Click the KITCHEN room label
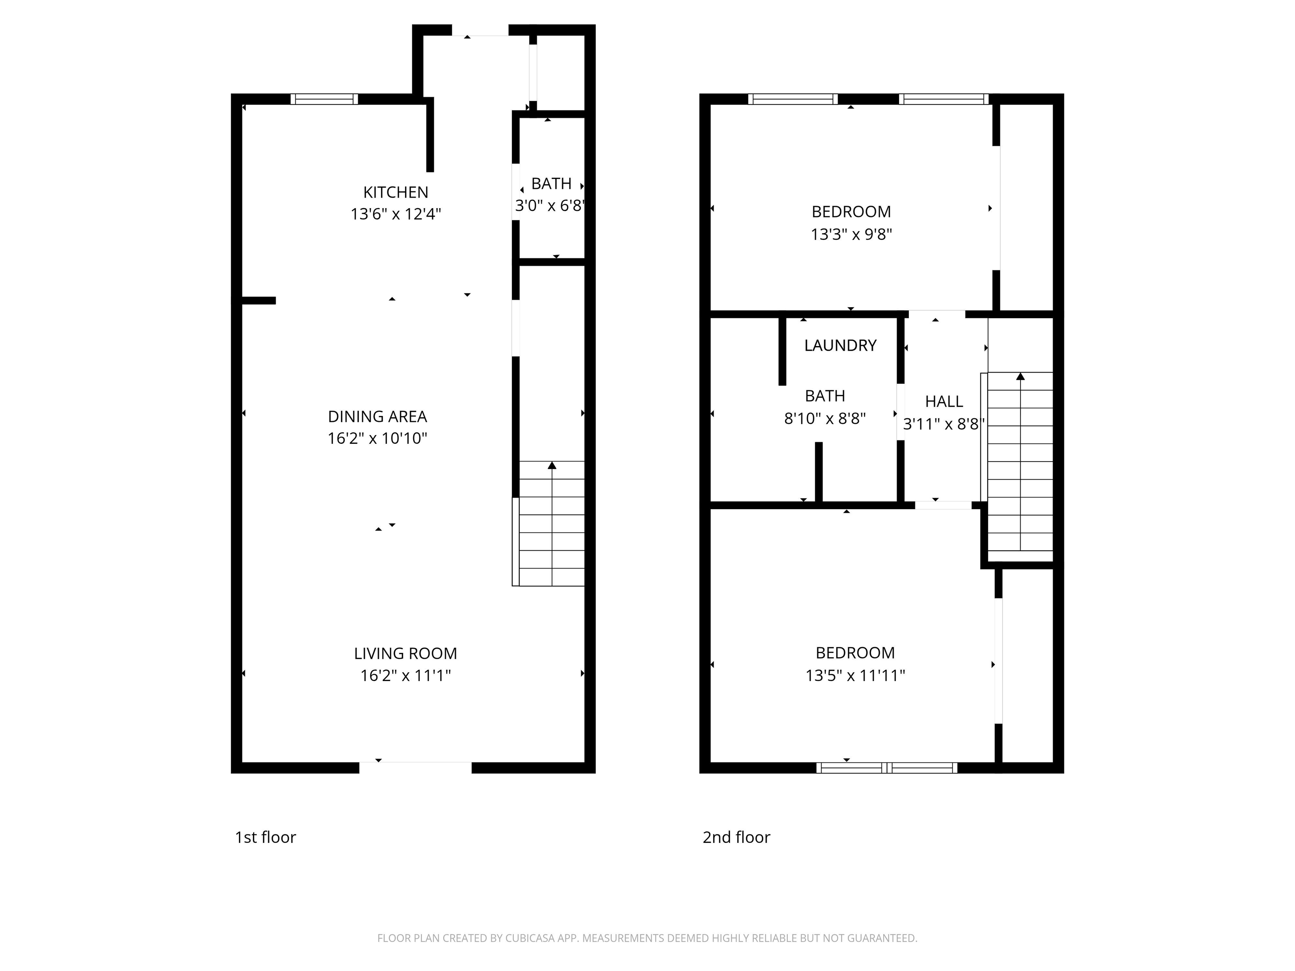click(x=396, y=192)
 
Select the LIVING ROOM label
click(x=406, y=653)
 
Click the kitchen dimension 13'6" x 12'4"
click(x=396, y=214)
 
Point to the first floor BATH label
click(x=551, y=184)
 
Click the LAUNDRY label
click(x=841, y=345)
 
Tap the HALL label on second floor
click(x=944, y=402)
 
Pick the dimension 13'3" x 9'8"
click(x=851, y=234)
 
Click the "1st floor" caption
click(x=265, y=837)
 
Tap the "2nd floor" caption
click(x=736, y=837)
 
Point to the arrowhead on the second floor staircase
click(x=1021, y=376)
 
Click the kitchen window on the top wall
click(x=324, y=99)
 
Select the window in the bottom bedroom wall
click(x=887, y=768)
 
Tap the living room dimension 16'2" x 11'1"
click(x=406, y=676)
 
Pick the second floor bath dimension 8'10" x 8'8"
click(x=825, y=418)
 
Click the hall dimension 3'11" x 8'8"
click(x=944, y=424)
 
